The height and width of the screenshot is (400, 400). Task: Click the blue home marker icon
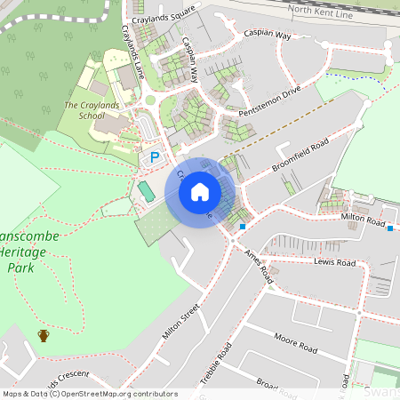click(x=200, y=192)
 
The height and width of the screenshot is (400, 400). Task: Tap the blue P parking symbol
click(x=155, y=157)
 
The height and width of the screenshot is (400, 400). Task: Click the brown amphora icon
click(x=43, y=335)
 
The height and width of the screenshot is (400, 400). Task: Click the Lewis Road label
click(x=334, y=262)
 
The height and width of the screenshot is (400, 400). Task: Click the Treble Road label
click(x=216, y=364)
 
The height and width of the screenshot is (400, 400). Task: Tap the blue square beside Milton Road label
click(x=390, y=228)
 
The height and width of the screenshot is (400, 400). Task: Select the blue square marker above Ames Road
click(x=242, y=228)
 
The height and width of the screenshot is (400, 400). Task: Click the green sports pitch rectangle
click(x=144, y=190)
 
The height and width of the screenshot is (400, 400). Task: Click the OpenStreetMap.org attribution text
click(x=119, y=394)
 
